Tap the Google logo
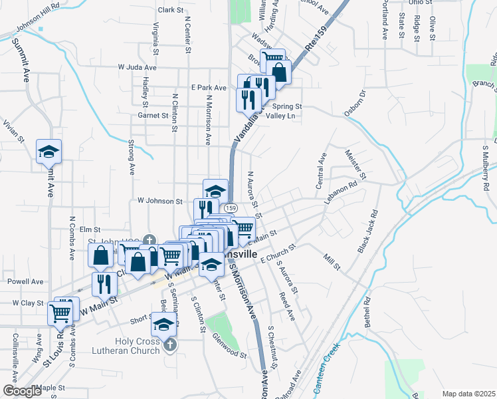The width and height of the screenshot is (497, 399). point(22,391)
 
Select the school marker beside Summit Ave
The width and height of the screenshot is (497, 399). point(49,152)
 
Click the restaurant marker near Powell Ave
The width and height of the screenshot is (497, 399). point(104,284)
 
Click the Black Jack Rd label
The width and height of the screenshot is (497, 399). point(367,232)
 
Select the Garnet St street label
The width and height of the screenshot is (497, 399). point(152,115)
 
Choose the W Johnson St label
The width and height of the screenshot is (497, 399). point(159,200)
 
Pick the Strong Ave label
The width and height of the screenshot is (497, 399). point(131,158)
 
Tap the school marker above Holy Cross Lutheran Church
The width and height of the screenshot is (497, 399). point(163,326)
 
